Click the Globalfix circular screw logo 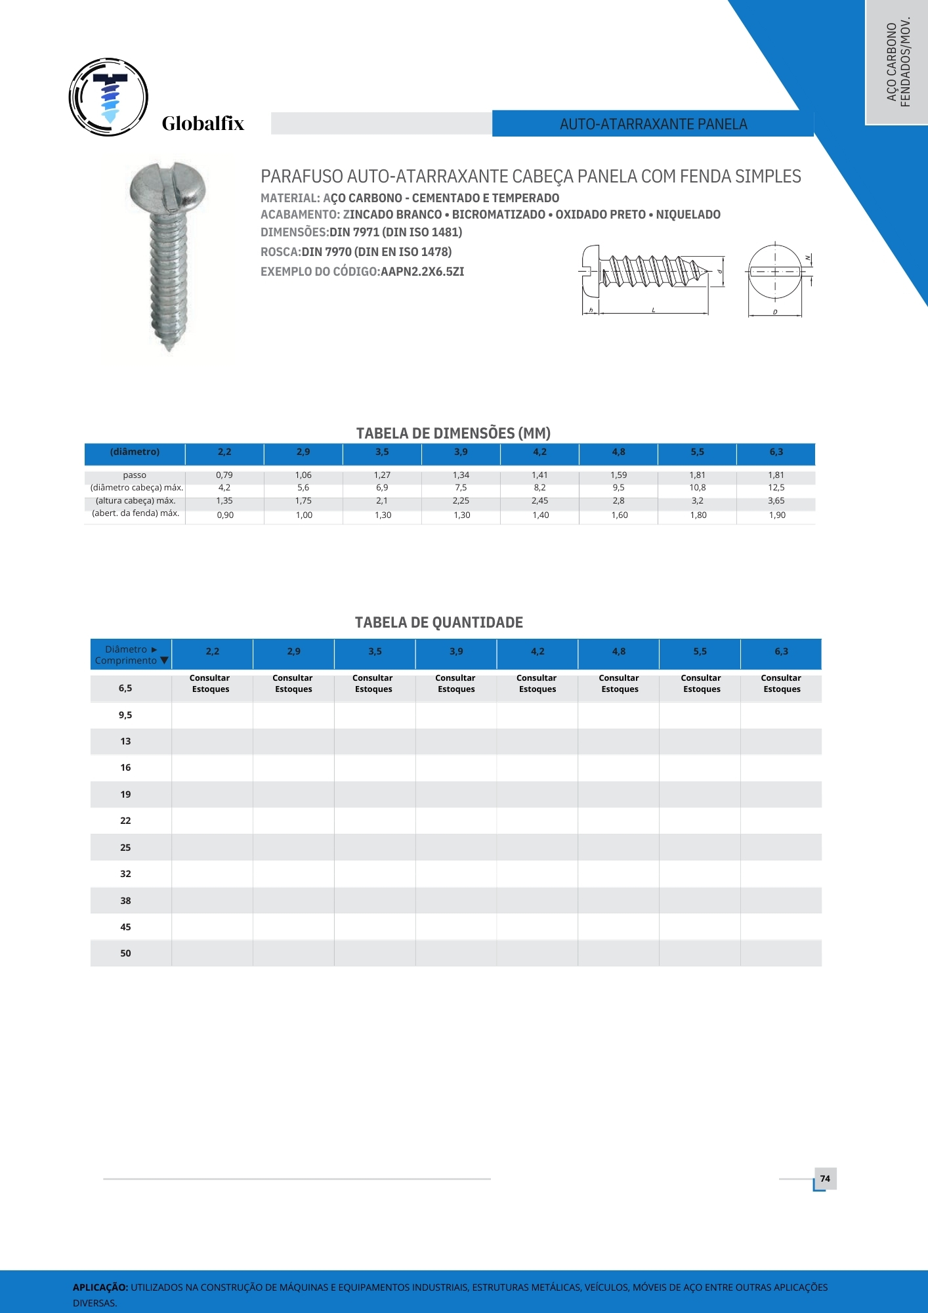pos(109,97)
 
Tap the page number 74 pos(825,1178)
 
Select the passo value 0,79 pos(224,475)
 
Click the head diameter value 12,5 pos(776,487)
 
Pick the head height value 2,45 pos(539,500)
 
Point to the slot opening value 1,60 pos(619,515)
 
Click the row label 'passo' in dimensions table pos(135,475)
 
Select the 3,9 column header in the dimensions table pos(461,452)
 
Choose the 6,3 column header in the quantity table pos(781,651)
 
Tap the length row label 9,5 pos(125,715)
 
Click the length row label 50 pos(125,953)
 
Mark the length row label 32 pos(125,874)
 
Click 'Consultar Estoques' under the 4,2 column pos(537,683)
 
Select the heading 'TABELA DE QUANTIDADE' pos(438,622)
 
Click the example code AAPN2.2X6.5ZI pos(422,272)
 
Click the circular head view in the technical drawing pos(775,271)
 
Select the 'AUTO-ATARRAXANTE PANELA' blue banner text pos(653,124)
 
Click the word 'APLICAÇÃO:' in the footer pos(100,1287)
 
